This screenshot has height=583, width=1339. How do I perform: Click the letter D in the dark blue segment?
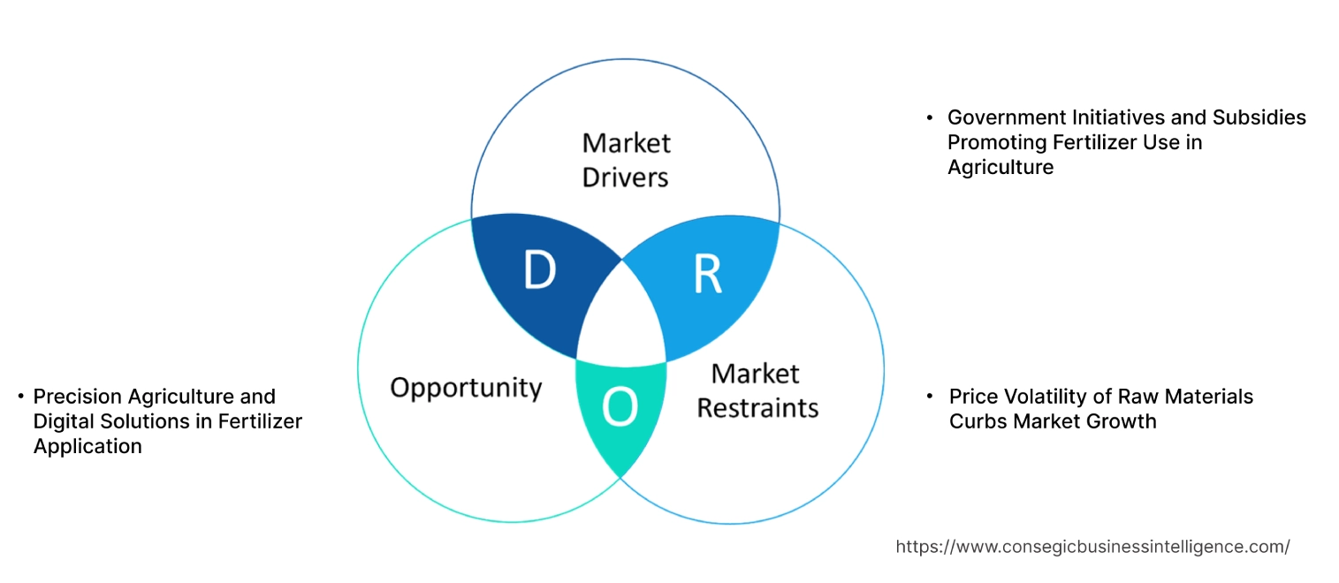tap(538, 271)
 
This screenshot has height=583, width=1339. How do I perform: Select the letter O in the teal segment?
tap(619, 407)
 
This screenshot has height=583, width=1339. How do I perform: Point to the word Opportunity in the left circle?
tap(466, 387)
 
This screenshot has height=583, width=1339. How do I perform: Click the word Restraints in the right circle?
tap(757, 408)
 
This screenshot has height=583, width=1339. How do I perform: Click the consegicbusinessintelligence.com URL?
tap(1092, 547)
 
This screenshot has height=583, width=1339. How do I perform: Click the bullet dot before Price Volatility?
tap(930, 397)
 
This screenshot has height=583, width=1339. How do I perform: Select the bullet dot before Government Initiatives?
tap(930, 117)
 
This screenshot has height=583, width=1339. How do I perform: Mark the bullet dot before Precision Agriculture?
tap(19, 397)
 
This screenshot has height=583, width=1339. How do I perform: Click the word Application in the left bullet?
tap(87, 446)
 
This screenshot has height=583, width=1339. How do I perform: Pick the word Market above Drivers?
tap(626, 142)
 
